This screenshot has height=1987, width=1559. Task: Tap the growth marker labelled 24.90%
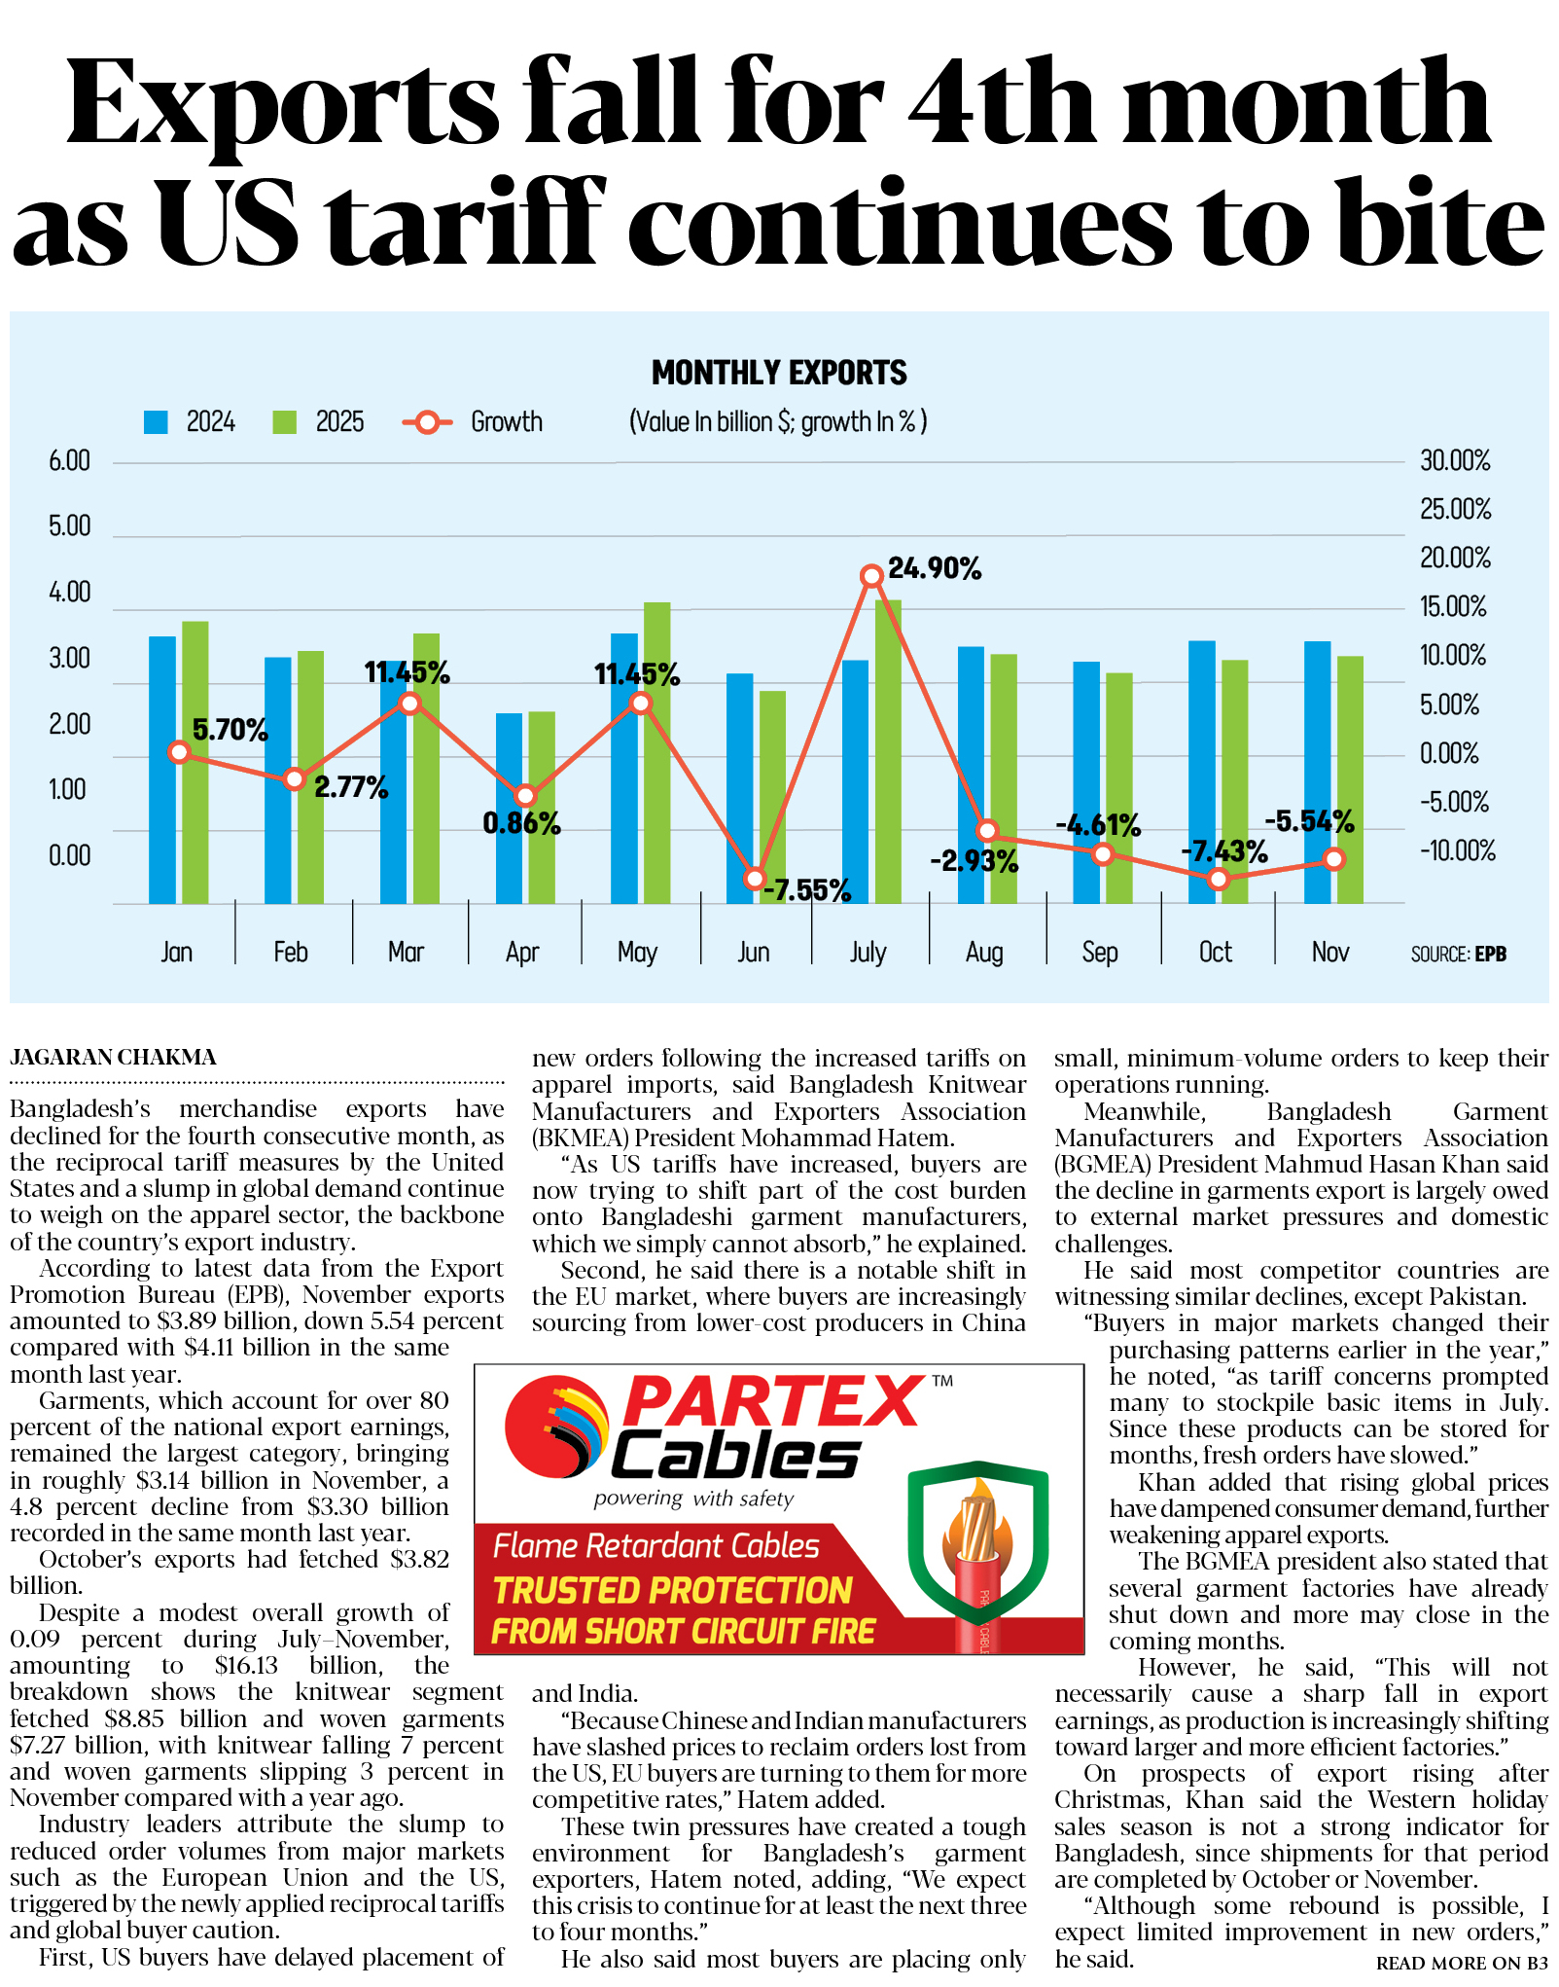pyautogui.click(x=871, y=576)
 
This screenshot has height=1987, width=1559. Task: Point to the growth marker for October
pyautogui.click(x=1218, y=879)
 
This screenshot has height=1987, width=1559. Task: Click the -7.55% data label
pyautogui.click(x=807, y=889)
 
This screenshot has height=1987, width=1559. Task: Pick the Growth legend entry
pyautogui.click(x=474, y=422)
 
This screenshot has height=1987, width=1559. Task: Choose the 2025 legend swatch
pyautogui.click(x=284, y=422)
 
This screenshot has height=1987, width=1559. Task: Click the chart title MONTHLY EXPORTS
pyautogui.click(x=779, y=373)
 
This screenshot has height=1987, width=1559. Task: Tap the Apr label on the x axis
pyautogui.click(x=522, y=952)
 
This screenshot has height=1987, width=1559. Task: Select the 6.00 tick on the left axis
pyautogui.click(x=69, y=460)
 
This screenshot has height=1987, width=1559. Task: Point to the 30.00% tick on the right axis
pyautogui.click(x=1455, y=460)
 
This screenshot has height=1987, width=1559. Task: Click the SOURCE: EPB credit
pyautogui.click(x=1458, y=954)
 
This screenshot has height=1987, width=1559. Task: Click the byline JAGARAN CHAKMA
pyautogui.click(x=114, y=1057)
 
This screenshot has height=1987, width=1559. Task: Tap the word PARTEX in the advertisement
pyautogui.click(x=773, y=1401)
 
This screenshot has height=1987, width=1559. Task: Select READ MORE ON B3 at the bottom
pyautogui.click(x=1461, y=1964)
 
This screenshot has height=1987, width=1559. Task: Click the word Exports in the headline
pyautogui.click(x=282, y=105)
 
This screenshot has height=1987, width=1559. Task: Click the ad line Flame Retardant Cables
pyautogui.click(x=656, y=1546)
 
